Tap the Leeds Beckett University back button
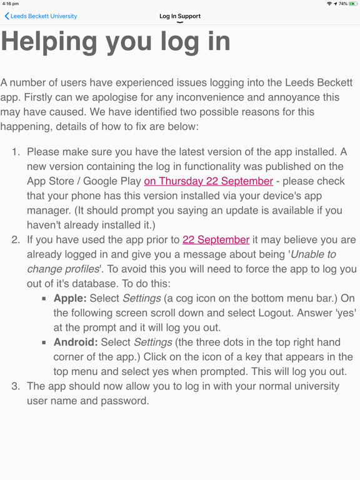pos(41,16)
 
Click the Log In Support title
pos(180,16)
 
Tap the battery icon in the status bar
pos(353,4)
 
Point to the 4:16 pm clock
pos(11,4)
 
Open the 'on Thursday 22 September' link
pos(208,181)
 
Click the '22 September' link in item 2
pos(216,240)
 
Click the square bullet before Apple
pos(44,299)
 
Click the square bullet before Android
pos(44,343)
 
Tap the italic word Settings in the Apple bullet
pos(141,298)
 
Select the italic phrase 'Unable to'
pos(313,254)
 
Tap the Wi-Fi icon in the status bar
pos(329,4)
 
